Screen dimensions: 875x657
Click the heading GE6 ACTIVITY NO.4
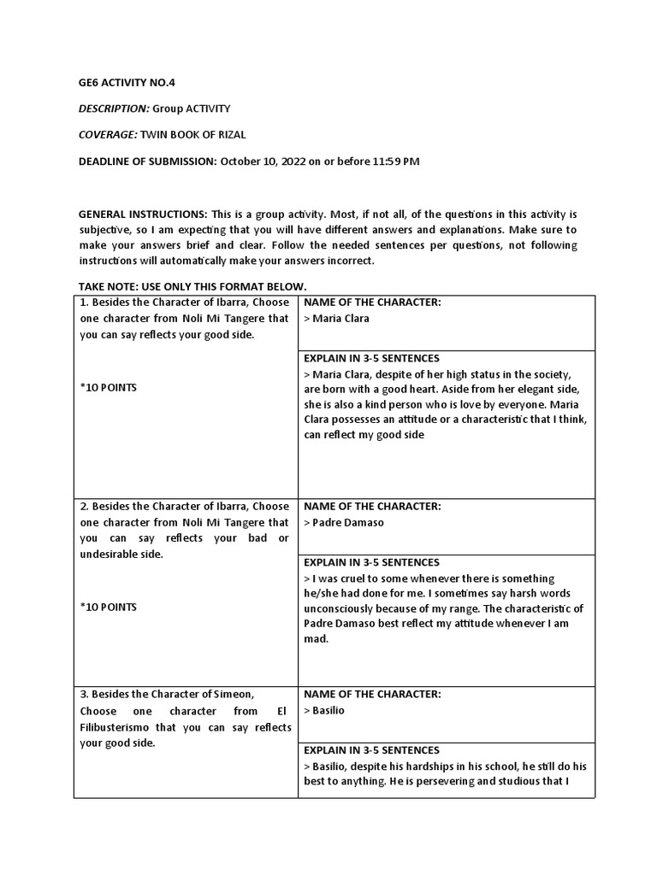[127, 83]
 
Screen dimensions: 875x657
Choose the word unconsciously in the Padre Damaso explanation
[343, 608]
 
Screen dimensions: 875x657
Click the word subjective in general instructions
[107, 230]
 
